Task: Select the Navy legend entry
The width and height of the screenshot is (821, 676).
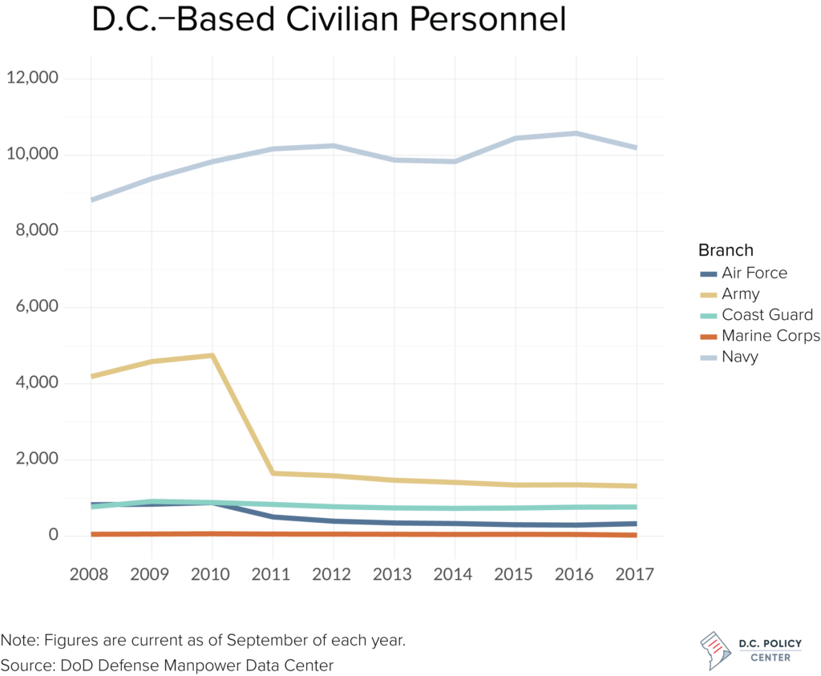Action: point(739,357)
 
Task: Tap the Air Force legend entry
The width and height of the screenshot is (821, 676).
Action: point(754,273)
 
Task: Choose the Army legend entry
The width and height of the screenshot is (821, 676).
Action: point(740,294)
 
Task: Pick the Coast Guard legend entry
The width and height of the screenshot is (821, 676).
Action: point(766,315)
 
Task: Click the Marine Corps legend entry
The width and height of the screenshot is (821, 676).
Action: point(770,336)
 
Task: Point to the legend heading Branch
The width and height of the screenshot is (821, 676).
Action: point(726,249)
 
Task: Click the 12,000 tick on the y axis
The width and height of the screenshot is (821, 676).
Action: point(32,79)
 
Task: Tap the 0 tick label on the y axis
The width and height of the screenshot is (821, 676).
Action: point(53,535)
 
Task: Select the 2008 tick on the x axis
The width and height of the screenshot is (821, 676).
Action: point(91,575)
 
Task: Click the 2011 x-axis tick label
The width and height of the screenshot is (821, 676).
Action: point(273,575)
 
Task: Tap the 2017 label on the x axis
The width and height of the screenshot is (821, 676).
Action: point(637,575)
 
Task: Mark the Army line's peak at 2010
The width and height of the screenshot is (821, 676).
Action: point(212,355)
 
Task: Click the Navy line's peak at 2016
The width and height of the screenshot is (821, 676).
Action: point(576,133)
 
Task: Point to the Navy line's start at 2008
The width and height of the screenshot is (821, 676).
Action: point(91,200)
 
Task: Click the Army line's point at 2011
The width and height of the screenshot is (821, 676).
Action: point(273,473)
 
